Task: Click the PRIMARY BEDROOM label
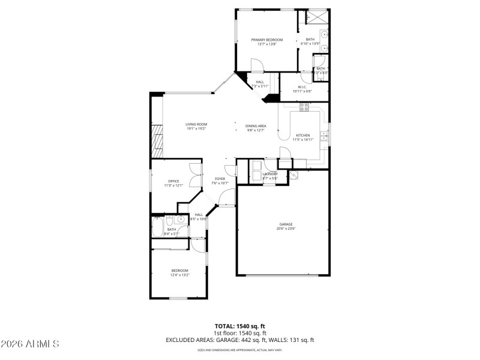(267, 40)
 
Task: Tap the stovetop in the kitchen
(304, 107)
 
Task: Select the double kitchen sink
(323, 134)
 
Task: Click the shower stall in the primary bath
(316, 16)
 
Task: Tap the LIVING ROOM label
(196, 124)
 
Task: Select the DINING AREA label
(256, 126)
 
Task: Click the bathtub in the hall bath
(157, 227)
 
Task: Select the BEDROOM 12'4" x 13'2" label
(179, 271)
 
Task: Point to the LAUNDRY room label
(270, 174)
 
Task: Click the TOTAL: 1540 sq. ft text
(239, 326)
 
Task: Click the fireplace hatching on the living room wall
(157, 137)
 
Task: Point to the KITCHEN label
(302, 136)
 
